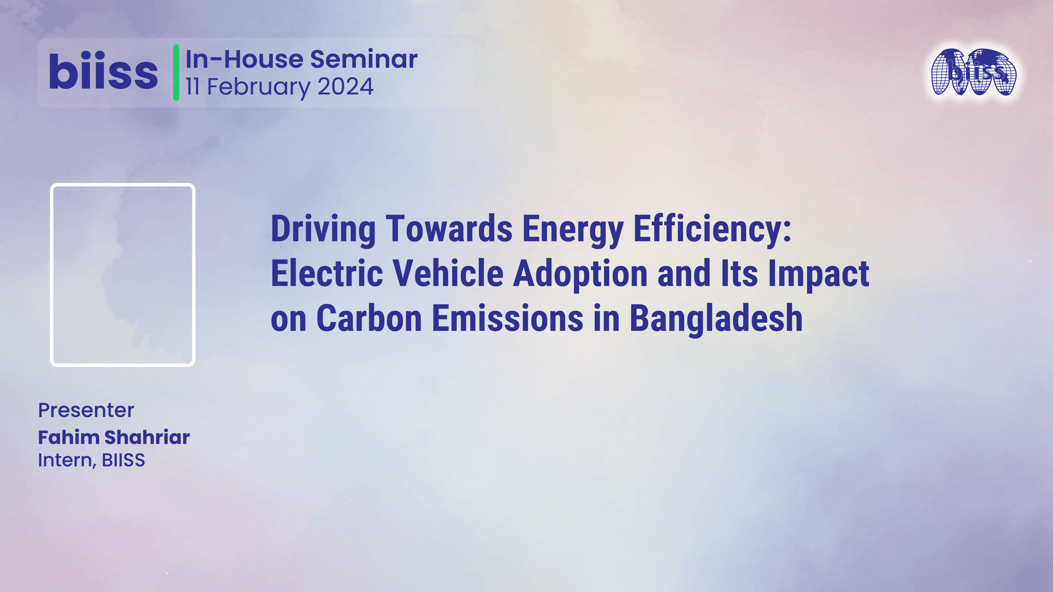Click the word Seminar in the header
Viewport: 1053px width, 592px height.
(364, 59)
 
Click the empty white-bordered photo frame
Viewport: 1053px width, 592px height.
(123, 275)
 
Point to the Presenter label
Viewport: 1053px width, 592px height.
(86, 410)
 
